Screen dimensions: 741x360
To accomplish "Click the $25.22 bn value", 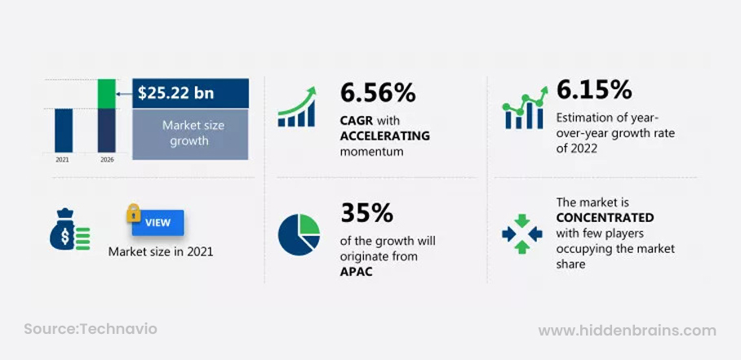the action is pyautogui.click(x=175, y=93).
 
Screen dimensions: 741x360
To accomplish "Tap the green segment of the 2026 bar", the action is pyautogui.click(x=107, y=94).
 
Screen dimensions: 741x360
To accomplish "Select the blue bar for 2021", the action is pyautogui.click(x=64, y=131).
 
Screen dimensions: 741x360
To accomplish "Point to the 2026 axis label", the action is pyautogui.click(x=107, y=160).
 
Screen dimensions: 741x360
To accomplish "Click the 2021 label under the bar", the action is pyautogui.click(x=62, y=160).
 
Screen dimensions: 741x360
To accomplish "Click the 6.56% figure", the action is pyautogui.click(x=378, y=92).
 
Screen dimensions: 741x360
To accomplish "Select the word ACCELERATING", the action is pyautogui.click(x=385, y=136).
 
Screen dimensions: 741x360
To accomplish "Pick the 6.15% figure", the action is pyautogui.click(x=594, y=90).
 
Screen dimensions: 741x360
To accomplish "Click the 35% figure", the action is pyautogui.click(x=366, y=214).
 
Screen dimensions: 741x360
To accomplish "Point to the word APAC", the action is pyautogui.click(x=357, y=272).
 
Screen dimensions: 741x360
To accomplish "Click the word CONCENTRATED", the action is pyautogui.click(x=605, y=218).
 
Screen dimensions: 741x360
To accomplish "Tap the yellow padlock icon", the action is pyautogui.click(x=133, y=213).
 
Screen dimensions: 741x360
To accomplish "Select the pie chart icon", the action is pyautogui.click(x=299, y=235).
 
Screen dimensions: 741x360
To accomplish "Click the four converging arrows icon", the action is pyautogui.click(x=521, y=233).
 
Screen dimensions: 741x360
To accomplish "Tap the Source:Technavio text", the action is pyautogui.click(x=91, y=329).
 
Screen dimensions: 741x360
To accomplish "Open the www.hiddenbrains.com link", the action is pyautogui.click(x=627, y=331).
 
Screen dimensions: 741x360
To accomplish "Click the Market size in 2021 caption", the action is pyautogui.click(x=161, y=251).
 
